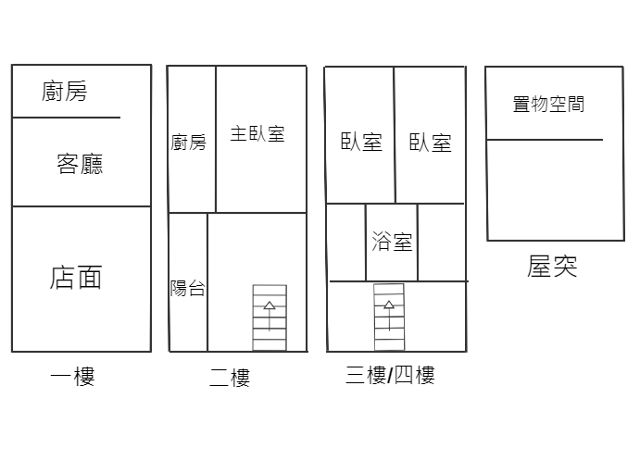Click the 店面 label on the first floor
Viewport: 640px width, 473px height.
76,278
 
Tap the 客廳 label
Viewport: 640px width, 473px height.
80,164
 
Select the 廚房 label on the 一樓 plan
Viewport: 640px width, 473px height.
65,91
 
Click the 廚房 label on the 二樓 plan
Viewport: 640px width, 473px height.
188,143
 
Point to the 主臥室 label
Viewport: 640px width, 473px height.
257,133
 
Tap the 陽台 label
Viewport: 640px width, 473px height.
187,288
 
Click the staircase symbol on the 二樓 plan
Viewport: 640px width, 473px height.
270,317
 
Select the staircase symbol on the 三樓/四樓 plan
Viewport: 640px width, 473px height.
389,317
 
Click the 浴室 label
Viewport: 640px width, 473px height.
392,241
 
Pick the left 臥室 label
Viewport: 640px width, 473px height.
361,143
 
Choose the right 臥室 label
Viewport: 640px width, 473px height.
431,143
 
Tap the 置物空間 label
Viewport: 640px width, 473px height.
548,104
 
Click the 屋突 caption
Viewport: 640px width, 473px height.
552,266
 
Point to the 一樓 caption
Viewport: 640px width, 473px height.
72,376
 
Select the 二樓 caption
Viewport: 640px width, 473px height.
230,377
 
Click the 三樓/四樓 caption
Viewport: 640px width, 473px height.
390,375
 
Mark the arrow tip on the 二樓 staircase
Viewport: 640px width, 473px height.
270,302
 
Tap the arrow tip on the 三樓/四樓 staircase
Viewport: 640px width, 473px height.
389,301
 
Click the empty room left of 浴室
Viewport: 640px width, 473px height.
346,243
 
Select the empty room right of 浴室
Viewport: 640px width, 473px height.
442,243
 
